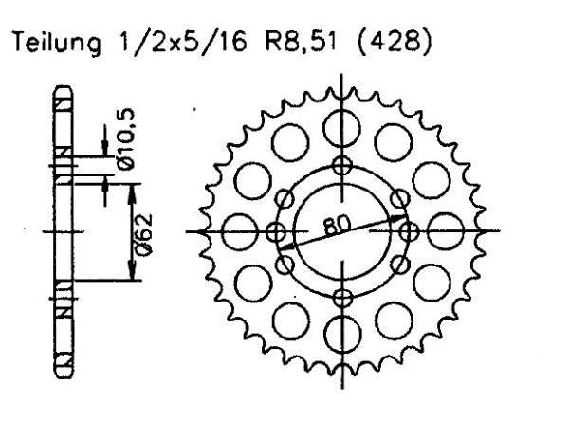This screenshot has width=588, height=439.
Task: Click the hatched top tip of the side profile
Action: [x=63, y=100]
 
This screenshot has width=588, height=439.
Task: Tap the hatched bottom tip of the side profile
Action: [x=63, y=362]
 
